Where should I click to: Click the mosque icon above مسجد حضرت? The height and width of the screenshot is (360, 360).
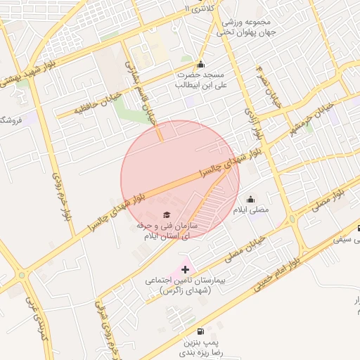(x=200, y=64)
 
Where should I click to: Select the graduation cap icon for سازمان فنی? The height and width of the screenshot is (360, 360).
(x=167, y=215)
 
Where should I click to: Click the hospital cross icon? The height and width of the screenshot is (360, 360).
(x=185, y=269)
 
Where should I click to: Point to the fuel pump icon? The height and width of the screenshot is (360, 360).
(x=202, y=331)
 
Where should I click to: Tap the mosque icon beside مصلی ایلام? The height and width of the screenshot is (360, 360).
(x=251, y=200)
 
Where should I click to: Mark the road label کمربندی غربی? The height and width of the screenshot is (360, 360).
(x=33, y=314)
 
